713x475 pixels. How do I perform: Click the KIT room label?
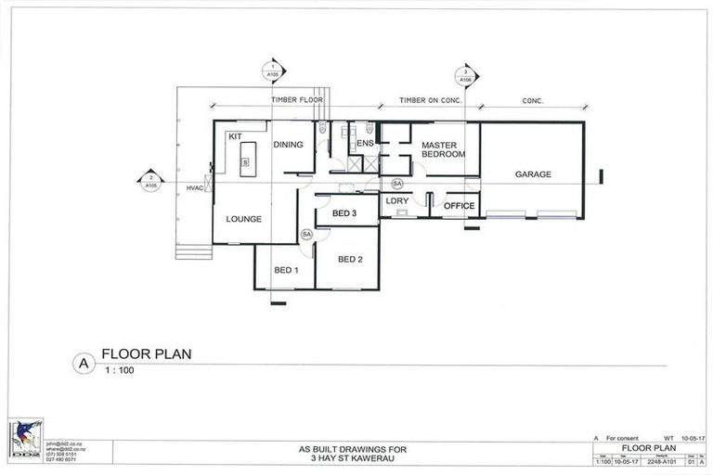pyautogui.click(x=235, y=136)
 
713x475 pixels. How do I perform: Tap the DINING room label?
pyautogui.click(x=288, y=144)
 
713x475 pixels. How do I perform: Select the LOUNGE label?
pyautogui.click(x=243, y=219)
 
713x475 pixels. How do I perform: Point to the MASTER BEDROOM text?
pyautogui.click(x=442, y=149)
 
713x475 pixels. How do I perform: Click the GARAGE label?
pyautogui.click(x=533, y=174)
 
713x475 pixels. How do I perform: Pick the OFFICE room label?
pyautogui.click(x=460, y=206)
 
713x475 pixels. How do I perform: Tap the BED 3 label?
pyautogui.click(x=344, y=214)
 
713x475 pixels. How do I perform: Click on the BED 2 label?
pyautogui.click(x=350, y=259)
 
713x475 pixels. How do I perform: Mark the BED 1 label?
pyautogui.click(x=285, y=270)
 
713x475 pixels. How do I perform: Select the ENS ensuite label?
pyautogui.click(x=365, y=143)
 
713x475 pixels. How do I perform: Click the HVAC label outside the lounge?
pyautogui.click(x=194, y=188)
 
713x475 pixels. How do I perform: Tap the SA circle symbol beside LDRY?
pyautogui.click(x=397, y=184)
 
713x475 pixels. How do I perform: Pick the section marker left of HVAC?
pyautogui.click(x=150, y=182)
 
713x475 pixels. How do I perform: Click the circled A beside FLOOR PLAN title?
pyautogui.click(x=84, y=365)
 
